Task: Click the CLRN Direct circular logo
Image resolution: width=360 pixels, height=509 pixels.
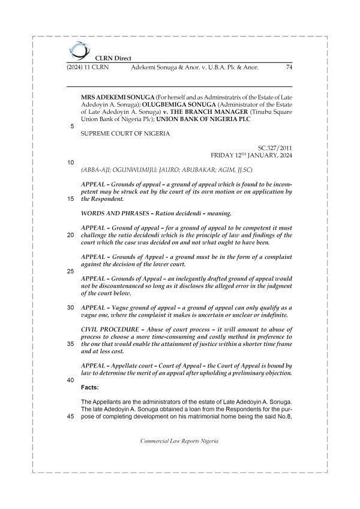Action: tap(79, 50)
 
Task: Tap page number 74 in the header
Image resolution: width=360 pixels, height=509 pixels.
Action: tap(288, 68)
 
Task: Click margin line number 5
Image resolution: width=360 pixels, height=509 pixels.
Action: tap(72, 127)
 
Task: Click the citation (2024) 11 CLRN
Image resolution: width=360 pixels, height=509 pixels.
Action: tap(88, 68)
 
